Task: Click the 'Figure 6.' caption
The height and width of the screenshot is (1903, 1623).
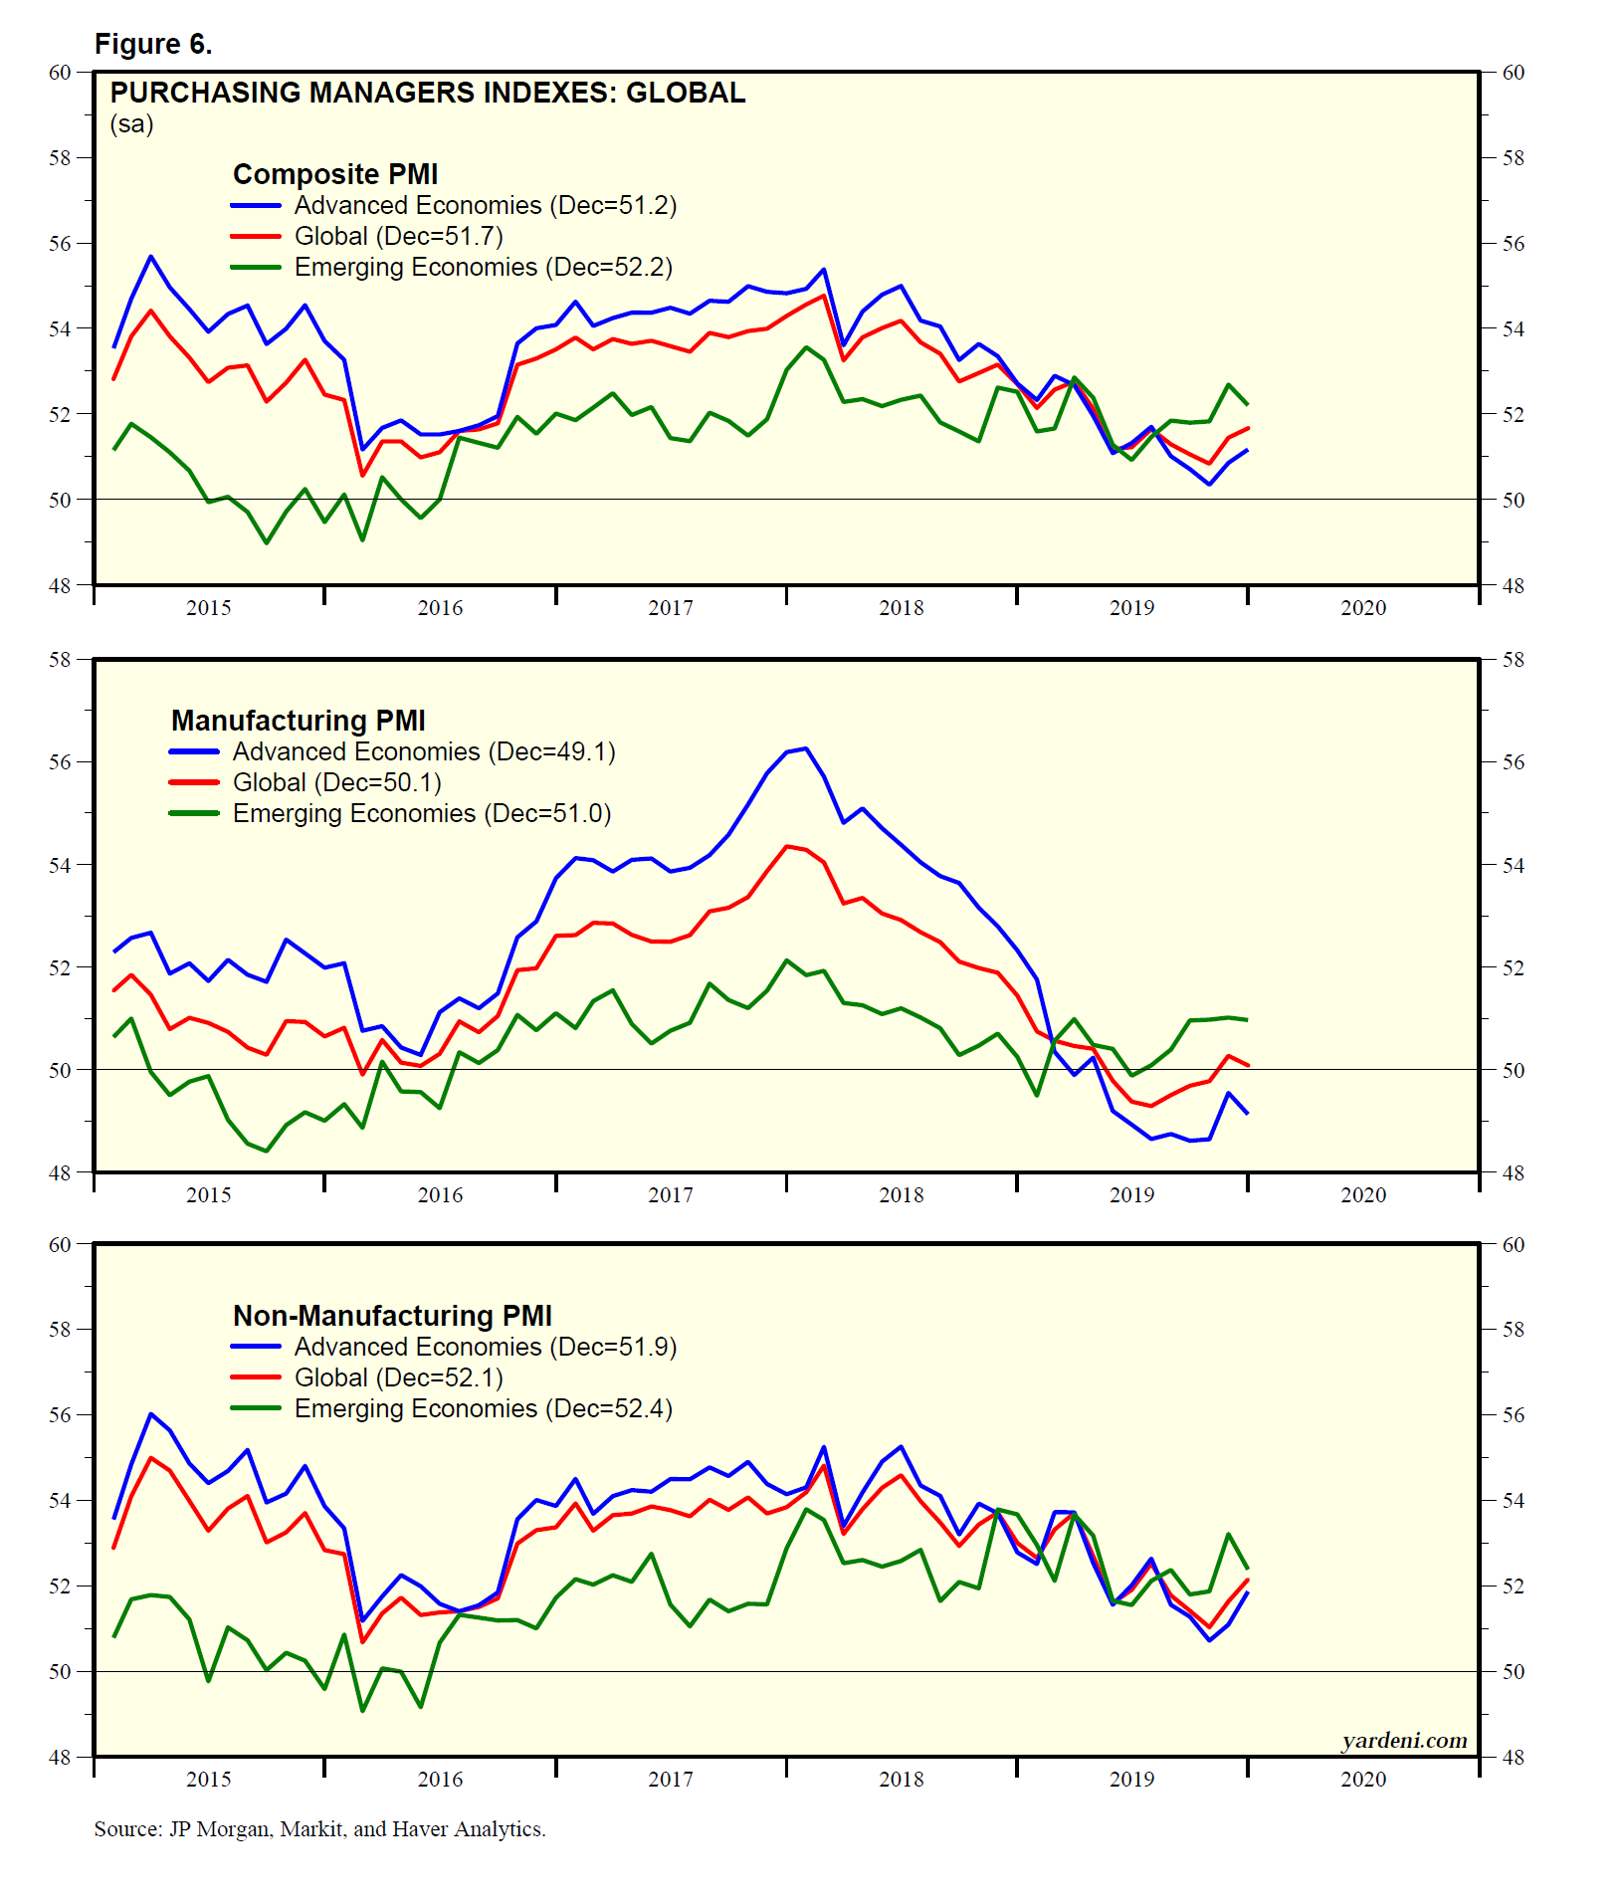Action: (153, 44)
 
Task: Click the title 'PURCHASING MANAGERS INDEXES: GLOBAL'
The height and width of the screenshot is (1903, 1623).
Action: (427, 93)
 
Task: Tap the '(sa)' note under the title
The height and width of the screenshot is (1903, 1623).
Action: (131, 124)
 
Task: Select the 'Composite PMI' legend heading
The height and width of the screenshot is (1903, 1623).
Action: (335, 174)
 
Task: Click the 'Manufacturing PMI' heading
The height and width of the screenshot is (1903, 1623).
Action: (299, 721)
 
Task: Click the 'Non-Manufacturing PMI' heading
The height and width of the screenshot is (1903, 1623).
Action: (392, 1316)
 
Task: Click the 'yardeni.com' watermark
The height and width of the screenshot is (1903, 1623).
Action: (1404, 1740)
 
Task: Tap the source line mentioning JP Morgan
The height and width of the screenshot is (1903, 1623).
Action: (319, 1828)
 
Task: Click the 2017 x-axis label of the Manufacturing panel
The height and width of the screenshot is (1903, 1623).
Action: (671, 1194)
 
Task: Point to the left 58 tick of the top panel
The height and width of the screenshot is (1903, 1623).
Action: (60, 158)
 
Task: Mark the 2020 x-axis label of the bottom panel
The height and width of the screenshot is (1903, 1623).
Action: (1362, 1779)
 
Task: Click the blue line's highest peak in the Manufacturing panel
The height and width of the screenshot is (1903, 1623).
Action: (805, 748)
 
